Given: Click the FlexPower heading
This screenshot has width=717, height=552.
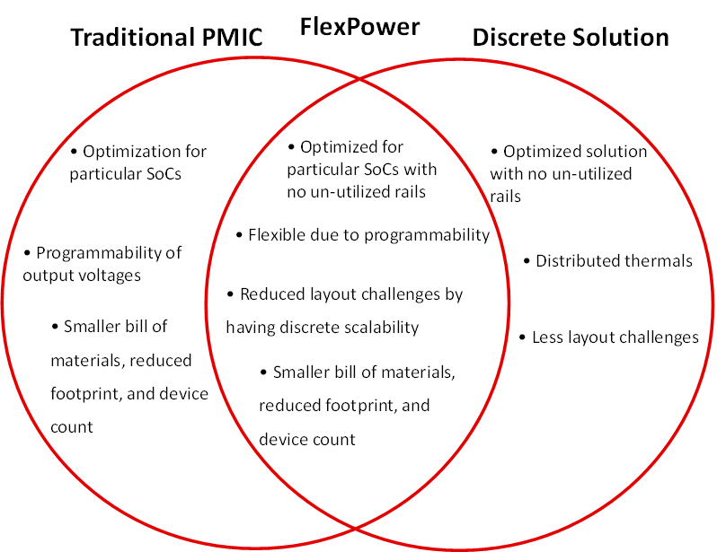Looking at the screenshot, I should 359,27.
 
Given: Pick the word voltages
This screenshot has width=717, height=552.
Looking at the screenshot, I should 107,276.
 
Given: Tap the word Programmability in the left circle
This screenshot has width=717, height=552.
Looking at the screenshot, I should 96,253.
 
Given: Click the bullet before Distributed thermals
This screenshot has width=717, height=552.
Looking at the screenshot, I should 527,261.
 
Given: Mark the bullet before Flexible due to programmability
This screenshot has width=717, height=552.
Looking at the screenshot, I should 240,235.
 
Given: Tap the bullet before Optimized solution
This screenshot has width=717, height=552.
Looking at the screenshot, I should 495,152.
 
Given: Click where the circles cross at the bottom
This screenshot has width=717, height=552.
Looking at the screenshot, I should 359,524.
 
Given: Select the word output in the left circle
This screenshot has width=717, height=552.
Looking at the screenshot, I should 48,276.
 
